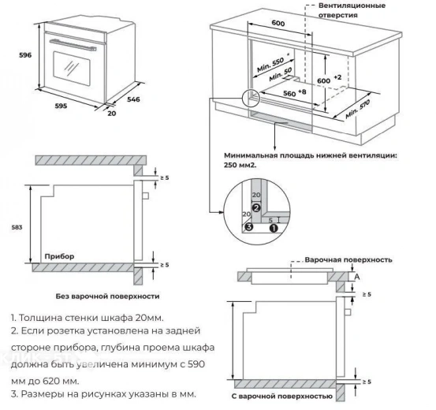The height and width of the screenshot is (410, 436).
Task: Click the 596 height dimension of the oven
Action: (15, 56)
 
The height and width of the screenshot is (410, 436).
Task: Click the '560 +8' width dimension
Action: (295, 92)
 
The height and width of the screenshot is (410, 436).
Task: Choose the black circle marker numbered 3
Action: (248, 227)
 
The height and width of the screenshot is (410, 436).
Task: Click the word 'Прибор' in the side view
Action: (59, 256)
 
